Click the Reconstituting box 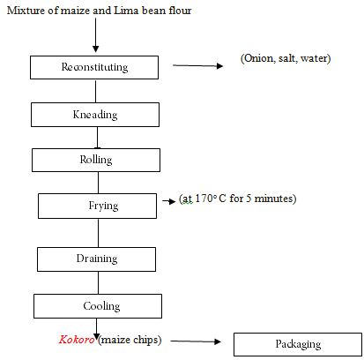point(94,67)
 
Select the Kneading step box point(95,115)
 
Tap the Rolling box point(96,160)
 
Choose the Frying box point(97,206)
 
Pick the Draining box point(96,259)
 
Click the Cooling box point(98,306)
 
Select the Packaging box point(298,344)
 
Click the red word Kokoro point(77,340)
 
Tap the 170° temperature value point(204,199)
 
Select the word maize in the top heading point(75,11)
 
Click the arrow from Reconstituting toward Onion point(197,65)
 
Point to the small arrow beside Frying point(169,201)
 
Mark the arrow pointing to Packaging point(196,341)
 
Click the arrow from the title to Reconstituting point(95,35)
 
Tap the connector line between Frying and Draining point(98,233)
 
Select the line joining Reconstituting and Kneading point(95,91)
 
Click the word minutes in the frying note point(275,199)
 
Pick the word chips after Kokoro point(145,340)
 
